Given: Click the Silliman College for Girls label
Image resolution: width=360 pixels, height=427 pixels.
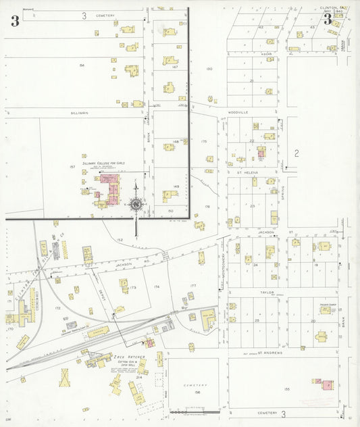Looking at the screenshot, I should pyautogui.click(x=103, y=163).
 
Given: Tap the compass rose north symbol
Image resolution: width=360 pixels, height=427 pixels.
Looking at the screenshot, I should pyautogui.click(x=136, y=204).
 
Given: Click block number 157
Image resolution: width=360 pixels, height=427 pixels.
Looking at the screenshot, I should pyautogui.click(x=72, y=166).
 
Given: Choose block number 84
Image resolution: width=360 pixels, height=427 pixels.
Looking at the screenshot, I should pyautogui.click(x=82, y=65).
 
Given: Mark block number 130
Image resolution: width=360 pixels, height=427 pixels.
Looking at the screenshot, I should pyautogui.click(x=209, y=69).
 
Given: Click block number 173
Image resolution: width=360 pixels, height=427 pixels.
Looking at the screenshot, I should pyautogui.click(x=133, y=288).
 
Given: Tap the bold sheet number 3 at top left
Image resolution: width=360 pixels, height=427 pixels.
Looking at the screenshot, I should pyautogui.click(x=14, y=20).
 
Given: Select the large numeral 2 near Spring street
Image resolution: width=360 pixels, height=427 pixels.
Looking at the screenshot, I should pyautogui.click(x=296, y=153).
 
